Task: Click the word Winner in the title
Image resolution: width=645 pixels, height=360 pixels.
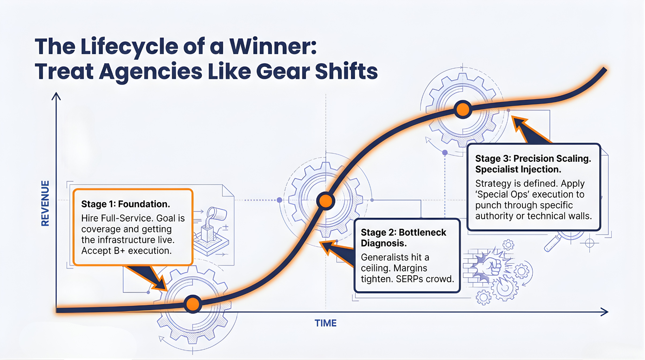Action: pos(273,47)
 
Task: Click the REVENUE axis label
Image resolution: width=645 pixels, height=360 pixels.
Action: pos(45,203)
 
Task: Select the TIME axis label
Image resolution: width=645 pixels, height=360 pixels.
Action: pos(325,323)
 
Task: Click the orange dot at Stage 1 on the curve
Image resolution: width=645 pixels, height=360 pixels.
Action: pos(193,304)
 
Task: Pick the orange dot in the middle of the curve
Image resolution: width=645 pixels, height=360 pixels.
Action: pos(325,201)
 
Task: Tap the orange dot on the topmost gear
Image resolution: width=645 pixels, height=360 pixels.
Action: pos(462,109)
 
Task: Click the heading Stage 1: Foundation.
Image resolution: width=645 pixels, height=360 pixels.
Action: pos(126,204)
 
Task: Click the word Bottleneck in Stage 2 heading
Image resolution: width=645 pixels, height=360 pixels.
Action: pos(422,232)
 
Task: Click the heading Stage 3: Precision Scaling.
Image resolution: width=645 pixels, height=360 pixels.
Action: pos(533,159)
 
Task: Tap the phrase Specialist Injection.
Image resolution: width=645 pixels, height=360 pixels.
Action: pos(518,169)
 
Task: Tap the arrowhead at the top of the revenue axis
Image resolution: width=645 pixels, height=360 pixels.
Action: pos(56,96)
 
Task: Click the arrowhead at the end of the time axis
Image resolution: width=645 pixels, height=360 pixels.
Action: pos(604,312)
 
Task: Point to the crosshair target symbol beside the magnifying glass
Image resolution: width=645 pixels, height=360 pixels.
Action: pos(590,243)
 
